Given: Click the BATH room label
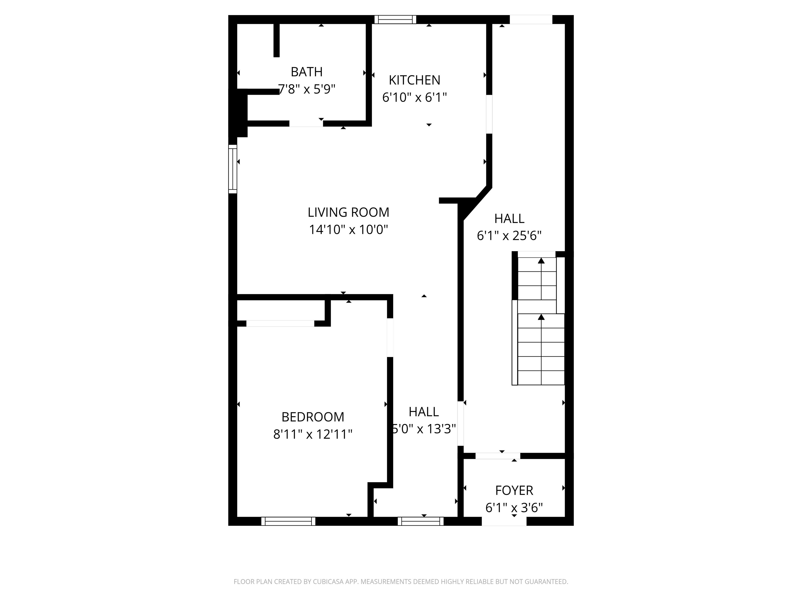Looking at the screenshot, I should click(306, 72).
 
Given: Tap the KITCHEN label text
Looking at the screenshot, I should click(414, 80).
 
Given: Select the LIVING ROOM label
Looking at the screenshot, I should click(348, 212).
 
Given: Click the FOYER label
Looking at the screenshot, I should click(514, 490).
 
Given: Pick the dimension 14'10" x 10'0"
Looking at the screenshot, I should click(348, 230).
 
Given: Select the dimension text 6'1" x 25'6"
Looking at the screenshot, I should click(509, 236).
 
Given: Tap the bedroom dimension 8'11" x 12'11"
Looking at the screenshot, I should click(312, 434).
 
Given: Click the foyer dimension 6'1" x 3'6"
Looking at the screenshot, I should click(514, 508).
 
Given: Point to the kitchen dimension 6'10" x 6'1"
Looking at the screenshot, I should click(414, 97).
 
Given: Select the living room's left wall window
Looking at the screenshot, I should click(232, 169).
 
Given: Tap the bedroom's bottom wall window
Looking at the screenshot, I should click(288, 521).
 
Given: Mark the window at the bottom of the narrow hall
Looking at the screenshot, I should click(421, 521).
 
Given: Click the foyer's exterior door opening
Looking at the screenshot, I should click(504, 521).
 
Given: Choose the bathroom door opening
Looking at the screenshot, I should click(306, 123).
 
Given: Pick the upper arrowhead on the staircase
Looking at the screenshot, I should click(541, 261).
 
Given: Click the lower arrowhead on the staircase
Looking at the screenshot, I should click(541, 317).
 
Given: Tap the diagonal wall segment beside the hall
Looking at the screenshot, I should click(478, 204).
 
